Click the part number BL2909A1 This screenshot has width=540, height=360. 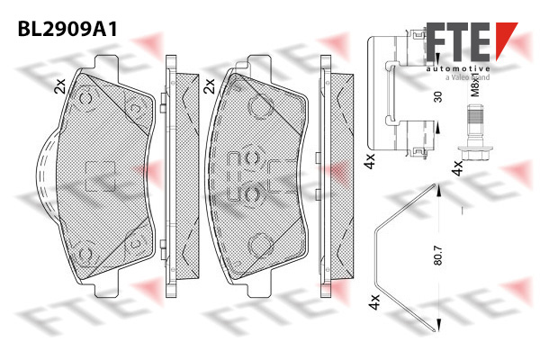coord(67,29)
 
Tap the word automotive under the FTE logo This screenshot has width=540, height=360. coord(458,69)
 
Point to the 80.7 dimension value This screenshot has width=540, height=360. coord(438,255)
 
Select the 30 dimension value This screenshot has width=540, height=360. coord(437,97)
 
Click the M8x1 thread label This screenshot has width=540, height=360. coord(475,85)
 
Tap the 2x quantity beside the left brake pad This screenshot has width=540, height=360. coord(59,86)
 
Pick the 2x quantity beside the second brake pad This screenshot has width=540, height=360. coord(209,86)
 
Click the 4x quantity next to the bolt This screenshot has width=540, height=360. coord(458,167)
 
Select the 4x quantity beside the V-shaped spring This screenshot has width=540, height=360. coord(374,301)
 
